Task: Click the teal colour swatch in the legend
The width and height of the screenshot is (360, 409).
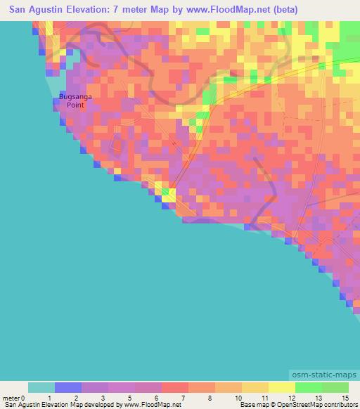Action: [41, 387]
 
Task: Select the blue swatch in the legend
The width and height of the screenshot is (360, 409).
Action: [68, 387]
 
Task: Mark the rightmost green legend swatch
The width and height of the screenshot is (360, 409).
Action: [335, 387]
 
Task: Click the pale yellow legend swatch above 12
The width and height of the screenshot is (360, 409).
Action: [282, 387]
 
